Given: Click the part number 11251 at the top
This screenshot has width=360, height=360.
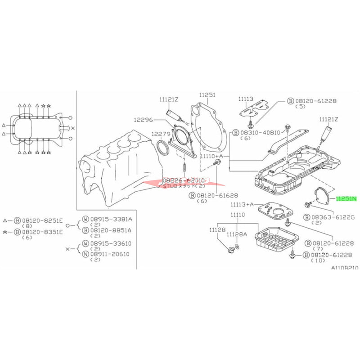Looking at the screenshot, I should coord(208,95).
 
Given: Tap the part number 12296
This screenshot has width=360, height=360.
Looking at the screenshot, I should coord(143,120).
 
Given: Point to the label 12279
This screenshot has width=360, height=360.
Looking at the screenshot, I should coord(161,134).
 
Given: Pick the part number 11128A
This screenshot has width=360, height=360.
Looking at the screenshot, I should coord(237,234).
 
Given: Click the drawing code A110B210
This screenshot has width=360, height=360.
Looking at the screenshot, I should coord(345,267).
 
